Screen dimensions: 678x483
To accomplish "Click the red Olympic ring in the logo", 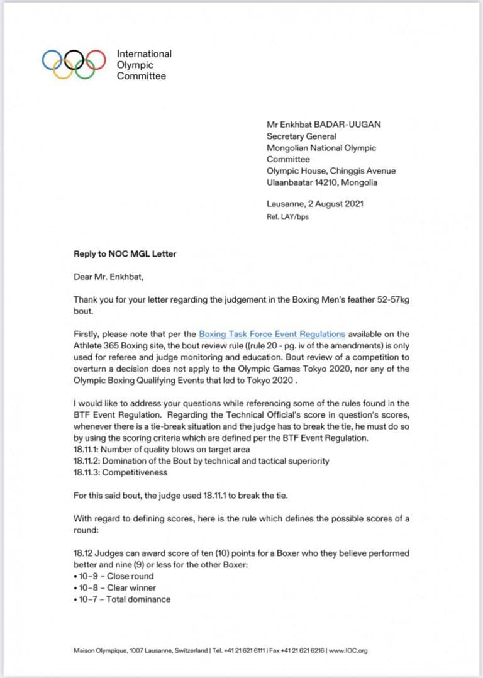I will click(x=96, y=60).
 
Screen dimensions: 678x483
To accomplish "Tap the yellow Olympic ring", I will click(x=63, y=69).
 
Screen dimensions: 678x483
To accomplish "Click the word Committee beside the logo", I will click(x=141, y=76).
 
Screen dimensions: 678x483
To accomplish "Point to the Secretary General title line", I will click(x=301, y=136).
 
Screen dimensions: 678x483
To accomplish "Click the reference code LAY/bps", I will click(x=295, y=217).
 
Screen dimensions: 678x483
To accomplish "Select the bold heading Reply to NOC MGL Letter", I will click(x=125, y=254).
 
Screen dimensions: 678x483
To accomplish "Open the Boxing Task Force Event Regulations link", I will click(x=272, y=334).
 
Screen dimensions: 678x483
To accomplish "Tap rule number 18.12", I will click(x=84, y=553).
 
